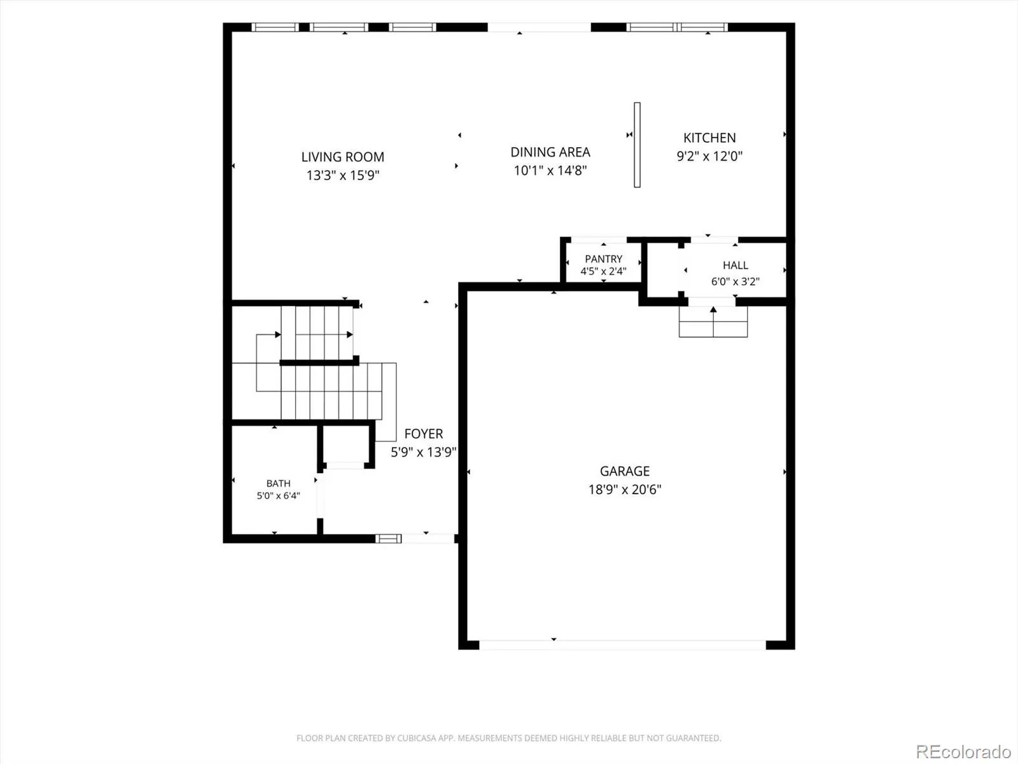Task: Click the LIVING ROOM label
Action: (343, 157)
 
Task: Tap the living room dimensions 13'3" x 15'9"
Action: (343, 175)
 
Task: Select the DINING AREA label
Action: (550, 152)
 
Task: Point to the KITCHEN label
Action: (709, 138)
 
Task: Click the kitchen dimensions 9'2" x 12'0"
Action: (709, 156)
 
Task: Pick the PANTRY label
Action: (603, 259)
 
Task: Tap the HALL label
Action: (735, 265)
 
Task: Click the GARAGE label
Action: (625, 471)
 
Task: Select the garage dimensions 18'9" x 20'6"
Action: (625, 490)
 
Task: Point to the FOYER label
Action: (424, 434)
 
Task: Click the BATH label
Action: (278, 483)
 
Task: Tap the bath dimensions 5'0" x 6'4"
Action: (278, 496)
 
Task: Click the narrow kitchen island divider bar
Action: (638, 145)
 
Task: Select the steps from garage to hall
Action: (713, 322)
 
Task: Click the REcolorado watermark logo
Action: (964, 751)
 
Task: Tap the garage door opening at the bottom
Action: (622, 645)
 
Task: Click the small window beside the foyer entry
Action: (388, 539)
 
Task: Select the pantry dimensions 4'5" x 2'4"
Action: (603, 271)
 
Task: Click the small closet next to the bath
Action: (346, 444)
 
